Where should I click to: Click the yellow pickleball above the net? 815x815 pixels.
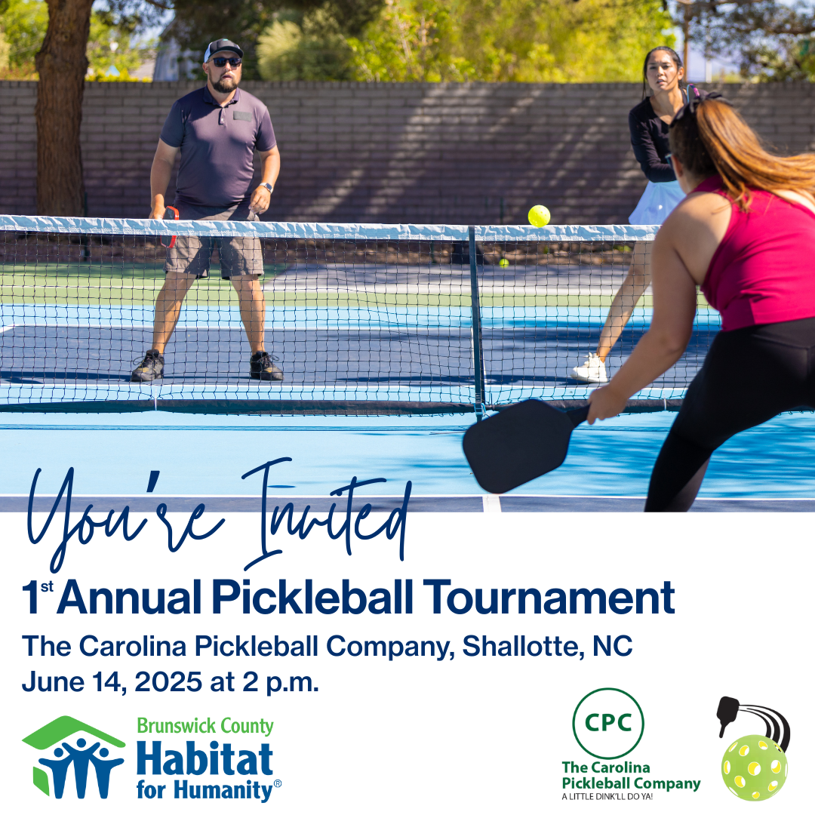point(539,216)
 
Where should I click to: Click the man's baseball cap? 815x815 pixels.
point(223,48)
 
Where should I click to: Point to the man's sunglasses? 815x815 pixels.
point(226,62)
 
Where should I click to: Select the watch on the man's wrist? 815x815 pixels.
point(267,187)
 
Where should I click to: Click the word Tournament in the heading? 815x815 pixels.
point(549,597)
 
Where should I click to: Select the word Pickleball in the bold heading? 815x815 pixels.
point(312,597)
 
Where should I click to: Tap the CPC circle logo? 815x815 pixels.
point(608,723)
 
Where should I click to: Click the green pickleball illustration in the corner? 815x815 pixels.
point(754,767)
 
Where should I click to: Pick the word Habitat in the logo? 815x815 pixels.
point(205,758)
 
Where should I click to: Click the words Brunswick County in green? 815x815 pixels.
point(205,726)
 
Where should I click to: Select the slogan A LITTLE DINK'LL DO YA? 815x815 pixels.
point(607,796)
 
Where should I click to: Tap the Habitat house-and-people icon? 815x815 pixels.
point(73,757)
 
